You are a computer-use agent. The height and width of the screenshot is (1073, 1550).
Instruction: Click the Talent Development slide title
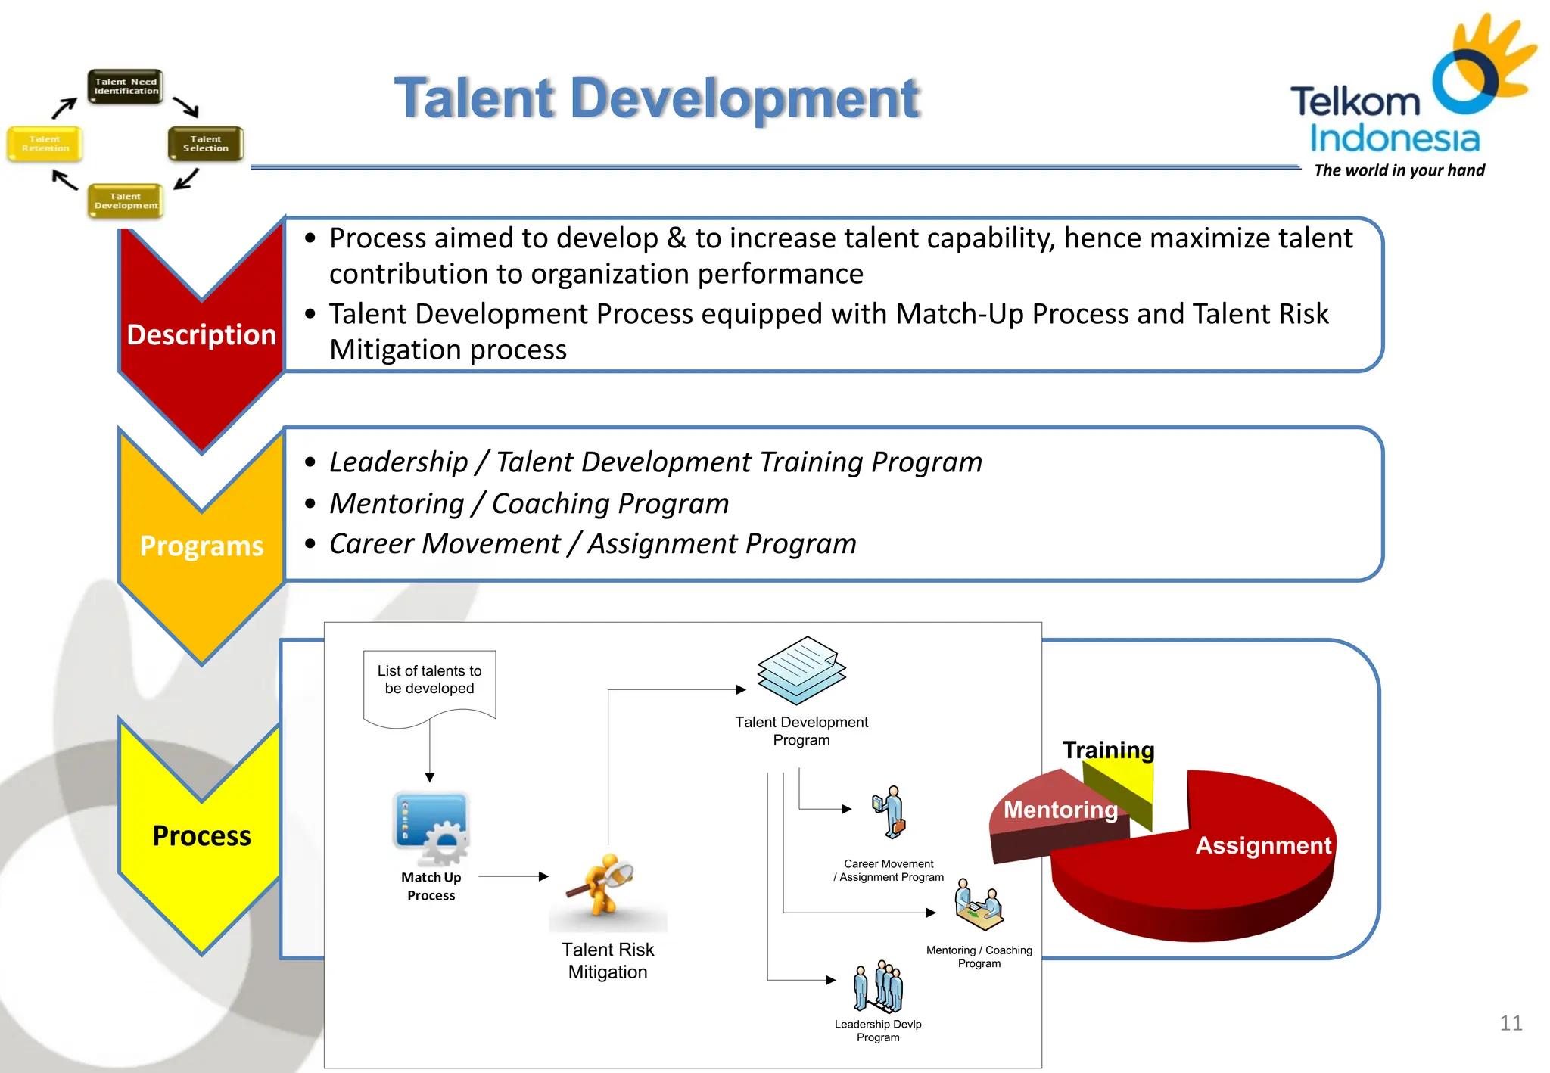point(656,98)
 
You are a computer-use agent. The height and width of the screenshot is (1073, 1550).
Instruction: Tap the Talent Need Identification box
point(126,86)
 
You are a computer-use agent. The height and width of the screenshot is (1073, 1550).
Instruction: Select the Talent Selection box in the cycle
point(205,144)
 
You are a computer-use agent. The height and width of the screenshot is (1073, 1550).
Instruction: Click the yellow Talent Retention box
point(45,144)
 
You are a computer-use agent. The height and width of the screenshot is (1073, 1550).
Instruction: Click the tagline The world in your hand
point(1399,170)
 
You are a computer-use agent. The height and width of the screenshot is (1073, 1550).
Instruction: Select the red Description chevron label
point(201,334)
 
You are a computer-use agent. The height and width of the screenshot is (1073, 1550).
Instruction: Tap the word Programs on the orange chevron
point(201,546)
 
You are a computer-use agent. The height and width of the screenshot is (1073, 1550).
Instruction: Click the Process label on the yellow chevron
point(201,835)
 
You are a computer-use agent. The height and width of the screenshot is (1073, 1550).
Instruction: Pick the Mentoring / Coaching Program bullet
point(528,503)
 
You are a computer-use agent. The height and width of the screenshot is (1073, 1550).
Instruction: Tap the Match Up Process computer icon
point(431,828)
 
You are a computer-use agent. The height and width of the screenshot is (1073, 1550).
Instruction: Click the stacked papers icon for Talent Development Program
point(801,670)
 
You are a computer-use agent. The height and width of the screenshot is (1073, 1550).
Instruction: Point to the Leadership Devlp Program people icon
point(878,987)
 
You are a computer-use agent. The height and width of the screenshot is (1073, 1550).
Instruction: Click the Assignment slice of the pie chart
point(1241,870)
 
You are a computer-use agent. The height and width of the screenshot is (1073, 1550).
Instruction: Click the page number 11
point(1510,1023)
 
